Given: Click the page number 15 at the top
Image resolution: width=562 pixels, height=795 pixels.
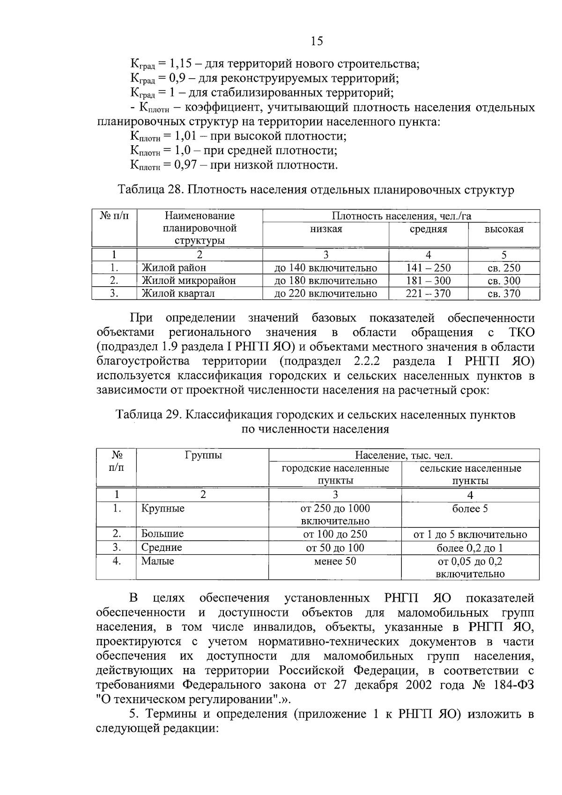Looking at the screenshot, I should point(317,41).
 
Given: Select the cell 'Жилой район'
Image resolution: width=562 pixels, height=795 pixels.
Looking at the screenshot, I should point(174,268).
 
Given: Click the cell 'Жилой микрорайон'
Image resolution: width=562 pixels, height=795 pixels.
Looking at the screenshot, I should point(188,281).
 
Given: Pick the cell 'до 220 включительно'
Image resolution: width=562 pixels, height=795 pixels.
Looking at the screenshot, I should point(325,294).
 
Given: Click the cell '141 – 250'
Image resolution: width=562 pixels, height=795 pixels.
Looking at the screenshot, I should point(428,268).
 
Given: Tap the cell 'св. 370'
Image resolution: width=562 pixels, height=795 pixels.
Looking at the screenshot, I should point(504,294).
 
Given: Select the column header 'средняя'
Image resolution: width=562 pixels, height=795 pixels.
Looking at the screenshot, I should point(428,229).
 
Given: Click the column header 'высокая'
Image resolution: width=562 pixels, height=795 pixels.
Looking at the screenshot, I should point(504,229).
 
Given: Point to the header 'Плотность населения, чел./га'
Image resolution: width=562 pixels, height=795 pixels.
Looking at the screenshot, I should point(401,216).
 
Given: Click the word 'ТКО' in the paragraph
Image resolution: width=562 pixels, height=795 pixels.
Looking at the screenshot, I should point(521,332).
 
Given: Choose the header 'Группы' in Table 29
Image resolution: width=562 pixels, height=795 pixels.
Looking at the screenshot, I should point(203,455).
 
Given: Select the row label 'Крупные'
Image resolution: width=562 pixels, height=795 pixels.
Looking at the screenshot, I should point(163,508).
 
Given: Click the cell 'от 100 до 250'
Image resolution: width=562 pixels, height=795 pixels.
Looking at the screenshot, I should point(335,534).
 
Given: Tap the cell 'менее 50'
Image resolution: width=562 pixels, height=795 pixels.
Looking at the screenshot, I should point(335,561).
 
